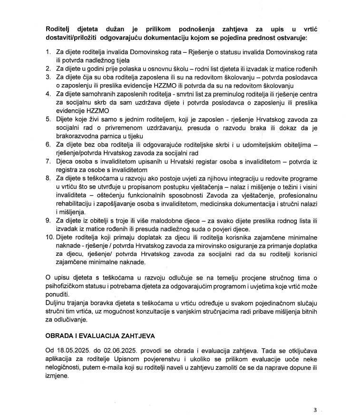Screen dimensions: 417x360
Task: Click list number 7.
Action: tap(48, 161)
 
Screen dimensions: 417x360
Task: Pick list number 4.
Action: tap(48, 94)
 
